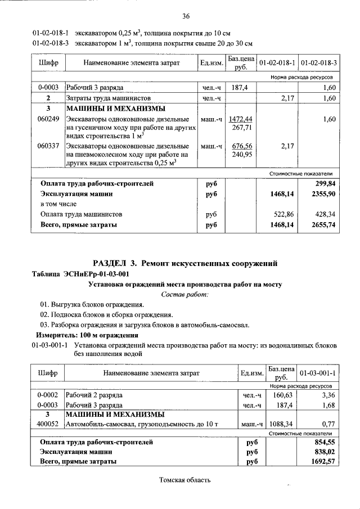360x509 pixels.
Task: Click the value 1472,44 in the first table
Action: click(x=241, y=119)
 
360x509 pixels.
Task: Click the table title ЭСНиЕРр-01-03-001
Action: click(x=99, y=274)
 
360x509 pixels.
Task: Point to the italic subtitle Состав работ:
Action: click(x=185, y=294)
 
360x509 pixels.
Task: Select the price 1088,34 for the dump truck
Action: click(x=281, y=424)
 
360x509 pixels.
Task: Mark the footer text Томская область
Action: click(x=185, y=480)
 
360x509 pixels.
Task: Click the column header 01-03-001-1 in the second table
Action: click(x=318, y=372)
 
